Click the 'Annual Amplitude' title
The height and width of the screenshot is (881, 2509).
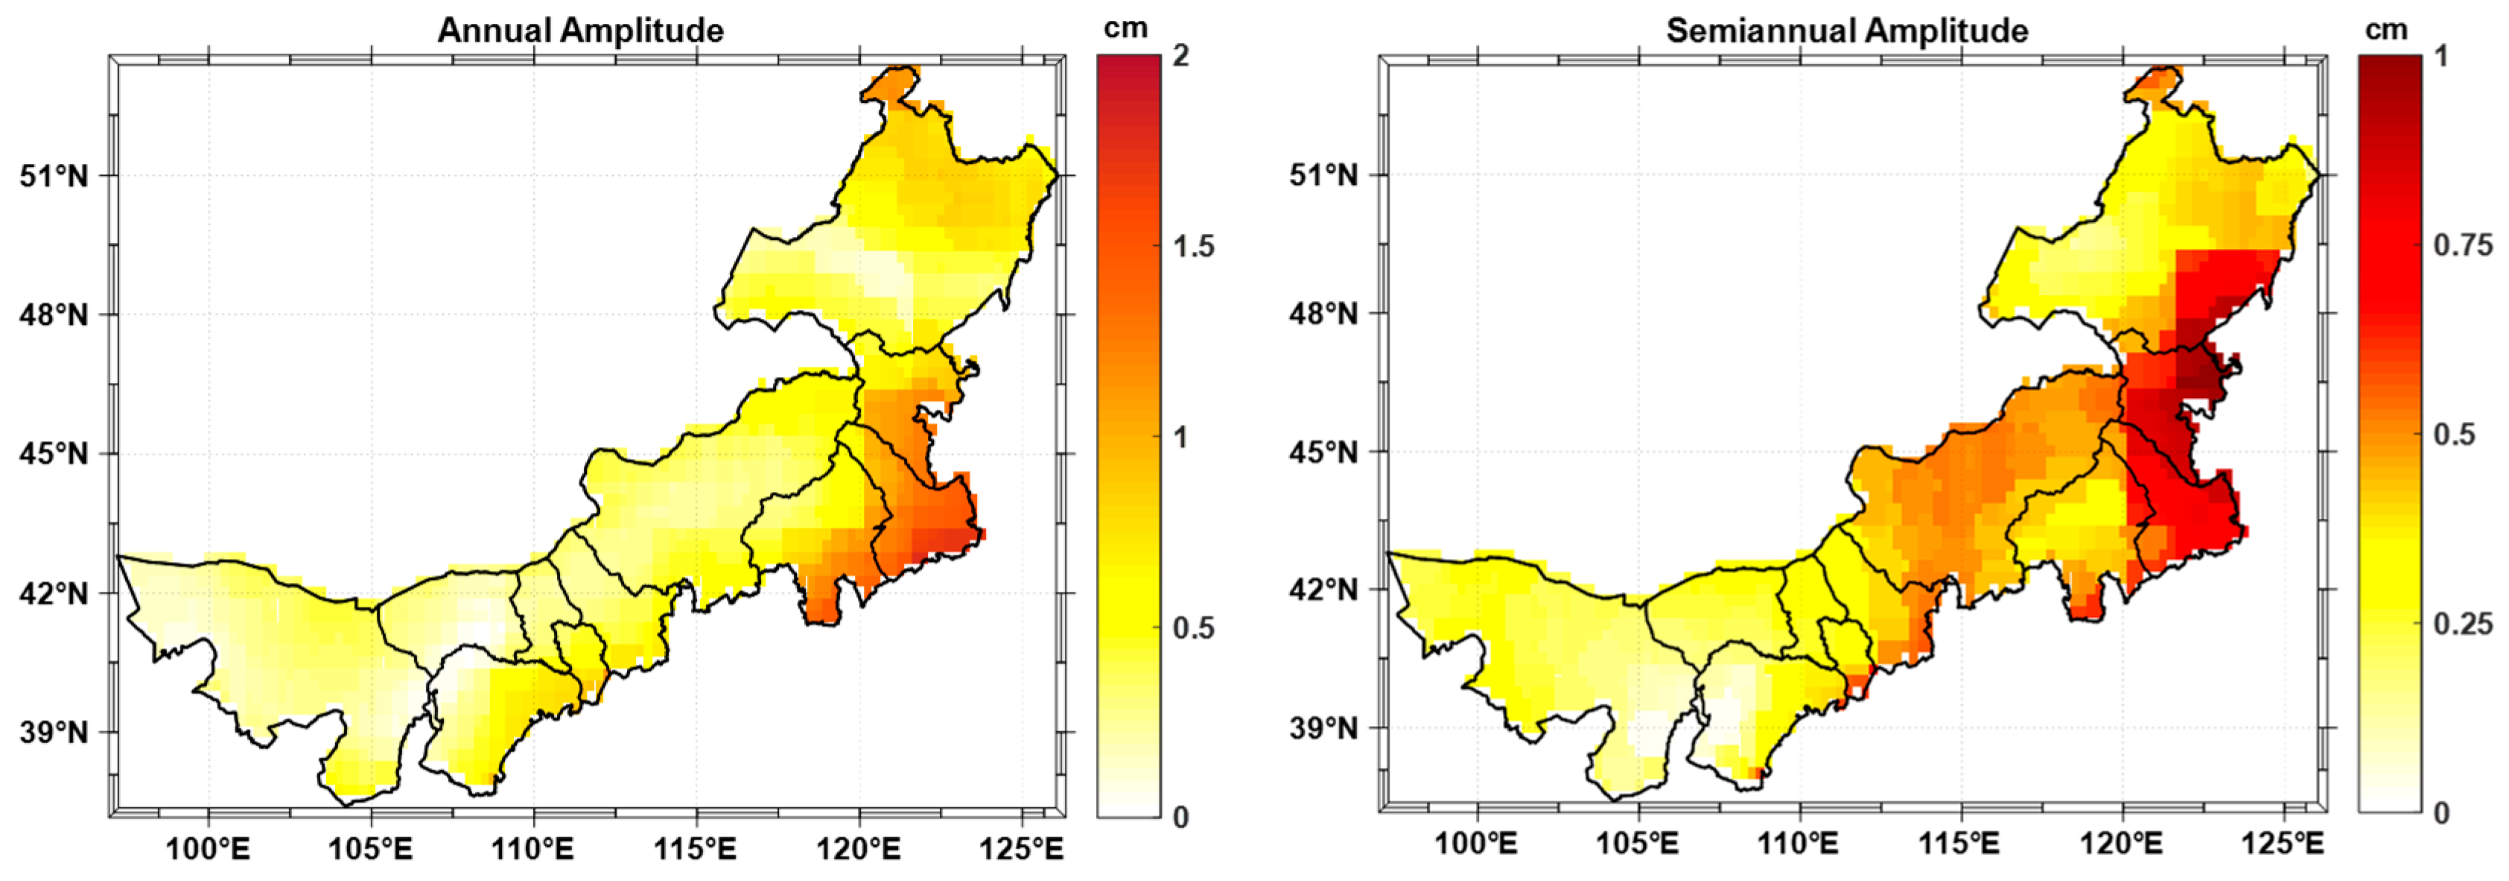click(580, 31)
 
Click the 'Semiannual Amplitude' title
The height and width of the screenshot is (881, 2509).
click(1847, 31)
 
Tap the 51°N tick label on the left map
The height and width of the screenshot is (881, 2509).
click(54, 177)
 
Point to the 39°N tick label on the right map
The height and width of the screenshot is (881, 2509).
click(1323, 728)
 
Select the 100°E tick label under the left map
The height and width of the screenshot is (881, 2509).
click(208, 849)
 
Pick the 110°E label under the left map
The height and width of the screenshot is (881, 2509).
click(532, 849)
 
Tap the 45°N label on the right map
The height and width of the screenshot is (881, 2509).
click(1323, 452)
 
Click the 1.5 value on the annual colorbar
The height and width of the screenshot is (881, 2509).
click(1193, 247)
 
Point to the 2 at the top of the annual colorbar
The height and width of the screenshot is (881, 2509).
click(1181, 56)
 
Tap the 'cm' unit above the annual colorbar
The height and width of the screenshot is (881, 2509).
click(1125, 28)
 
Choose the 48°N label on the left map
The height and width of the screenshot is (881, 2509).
click(54, 315)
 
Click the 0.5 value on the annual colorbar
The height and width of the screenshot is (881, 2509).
click(1193, 628)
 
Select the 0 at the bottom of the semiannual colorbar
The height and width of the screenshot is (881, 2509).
click(2440, 812)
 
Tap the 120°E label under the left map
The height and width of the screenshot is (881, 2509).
click(858, 849)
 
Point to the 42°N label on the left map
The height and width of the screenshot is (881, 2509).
click(54, 593)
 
